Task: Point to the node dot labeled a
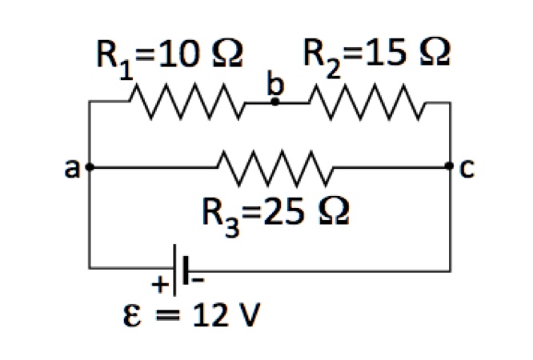(90, 167)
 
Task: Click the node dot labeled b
(275, 102)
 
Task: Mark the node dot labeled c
(450, 167)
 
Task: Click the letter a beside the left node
(73, 168)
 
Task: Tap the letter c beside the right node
(468, 168)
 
